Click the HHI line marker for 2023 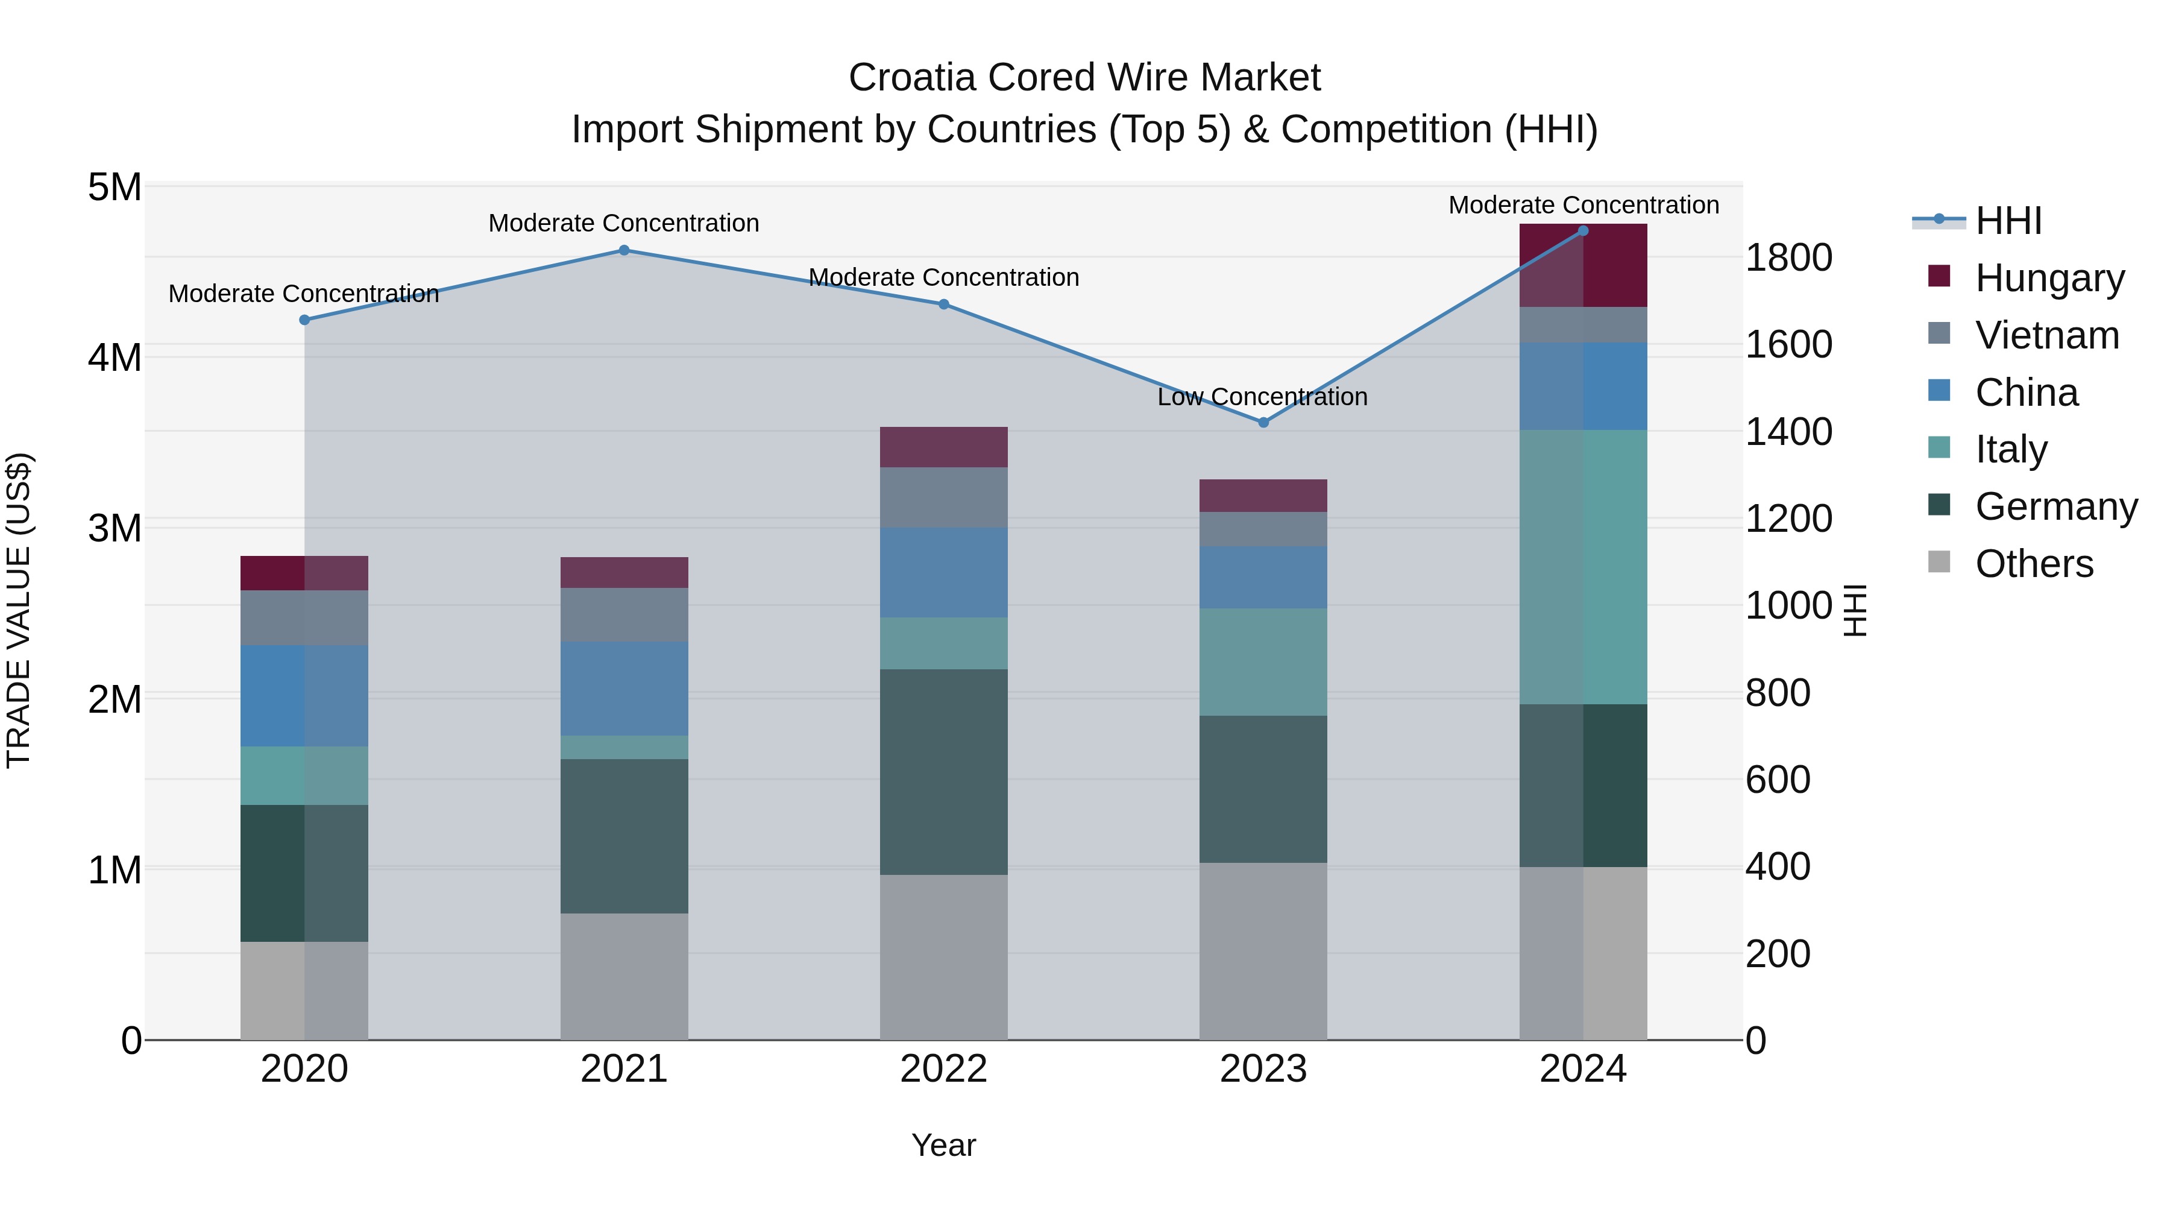pos(1263,422)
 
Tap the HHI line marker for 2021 pos(624,250)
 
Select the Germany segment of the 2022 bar pos(943,772)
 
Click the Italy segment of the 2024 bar pos(1583,567)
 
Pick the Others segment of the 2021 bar pos(624,977)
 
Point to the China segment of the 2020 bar pos(304,696)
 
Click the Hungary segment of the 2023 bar pos(1263,496)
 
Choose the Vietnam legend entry pos(2046,335)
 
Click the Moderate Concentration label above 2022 pos(943,277)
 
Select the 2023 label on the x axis pos(1263,1069)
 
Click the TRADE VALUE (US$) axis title pos(19,610)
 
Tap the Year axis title pos(943,1145)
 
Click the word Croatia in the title pos(913,78)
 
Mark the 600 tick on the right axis pos(1778,780)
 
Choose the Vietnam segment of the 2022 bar pos(943,497)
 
